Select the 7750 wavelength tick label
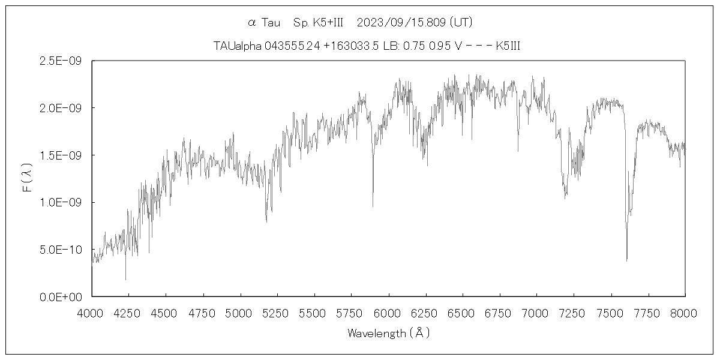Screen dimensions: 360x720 click(648, 313)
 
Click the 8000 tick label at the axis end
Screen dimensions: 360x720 click(685, 313)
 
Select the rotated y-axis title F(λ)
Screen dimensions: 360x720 click(28, 178)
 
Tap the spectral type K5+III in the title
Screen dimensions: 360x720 click(318, 23)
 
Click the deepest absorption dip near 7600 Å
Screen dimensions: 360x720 click(626, 259)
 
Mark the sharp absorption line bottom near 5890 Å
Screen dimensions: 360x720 click(373, 206)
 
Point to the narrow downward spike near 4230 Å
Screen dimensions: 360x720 click(125, 278)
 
